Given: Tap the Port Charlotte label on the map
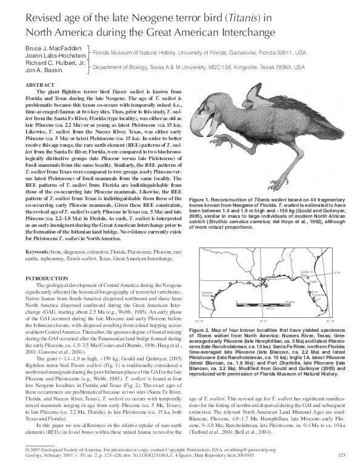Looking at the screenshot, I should pyautogui.click(x=315, y=295).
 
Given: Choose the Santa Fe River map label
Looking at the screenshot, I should pyautogui.click(x=308, y=274).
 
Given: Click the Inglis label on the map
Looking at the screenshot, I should pyautogui.click(x=313, y=281).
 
